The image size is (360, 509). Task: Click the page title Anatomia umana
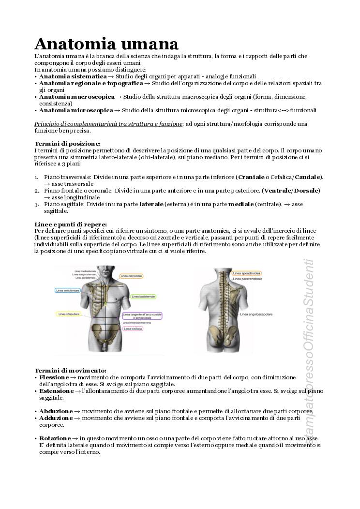pos(106,44)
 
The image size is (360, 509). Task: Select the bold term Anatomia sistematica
pos(73,76)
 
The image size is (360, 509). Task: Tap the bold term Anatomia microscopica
pos(76,110)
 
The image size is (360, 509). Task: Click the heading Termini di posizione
pos(67,144)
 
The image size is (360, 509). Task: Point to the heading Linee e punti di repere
pos(71,225)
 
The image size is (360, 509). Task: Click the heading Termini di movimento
pos(70,370)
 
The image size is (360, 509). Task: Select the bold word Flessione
pos(54,377)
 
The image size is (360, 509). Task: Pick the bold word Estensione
pos(56,390)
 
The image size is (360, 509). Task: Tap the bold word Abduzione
pos(56,411)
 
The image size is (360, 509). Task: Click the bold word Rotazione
pos(55,438)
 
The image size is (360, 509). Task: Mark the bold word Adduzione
pos(56,418)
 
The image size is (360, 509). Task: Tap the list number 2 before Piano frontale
pos(37,191)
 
